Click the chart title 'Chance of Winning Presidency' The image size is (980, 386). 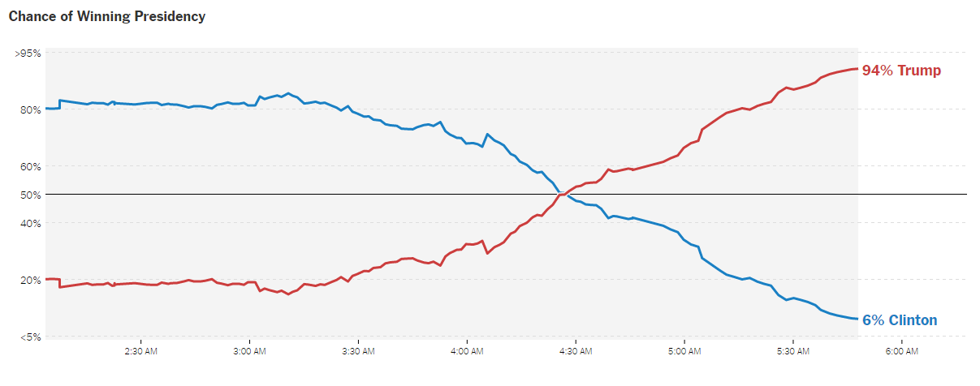pos(106,16)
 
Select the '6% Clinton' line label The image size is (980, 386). pos(899,320)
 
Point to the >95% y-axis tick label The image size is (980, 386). pos(28,54)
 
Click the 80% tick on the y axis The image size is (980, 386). pos(30,110)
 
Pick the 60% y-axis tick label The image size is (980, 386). pos(30,167)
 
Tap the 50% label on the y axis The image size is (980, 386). pos(30,195)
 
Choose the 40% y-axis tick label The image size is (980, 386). pos(30,223)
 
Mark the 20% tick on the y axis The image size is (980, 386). pos(30,280)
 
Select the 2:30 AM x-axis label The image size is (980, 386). pos(140,352)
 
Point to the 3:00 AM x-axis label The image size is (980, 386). pos(249,352)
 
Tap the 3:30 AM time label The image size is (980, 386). pos(358,352)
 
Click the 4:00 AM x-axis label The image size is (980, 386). pos(467,352)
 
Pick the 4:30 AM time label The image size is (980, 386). pos(576,352)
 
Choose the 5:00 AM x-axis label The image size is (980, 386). pos(684,352)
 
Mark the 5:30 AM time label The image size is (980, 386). pos(793,352)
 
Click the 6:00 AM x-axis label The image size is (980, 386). pos(901,352)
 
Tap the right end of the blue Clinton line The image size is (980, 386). pos(857,319)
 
